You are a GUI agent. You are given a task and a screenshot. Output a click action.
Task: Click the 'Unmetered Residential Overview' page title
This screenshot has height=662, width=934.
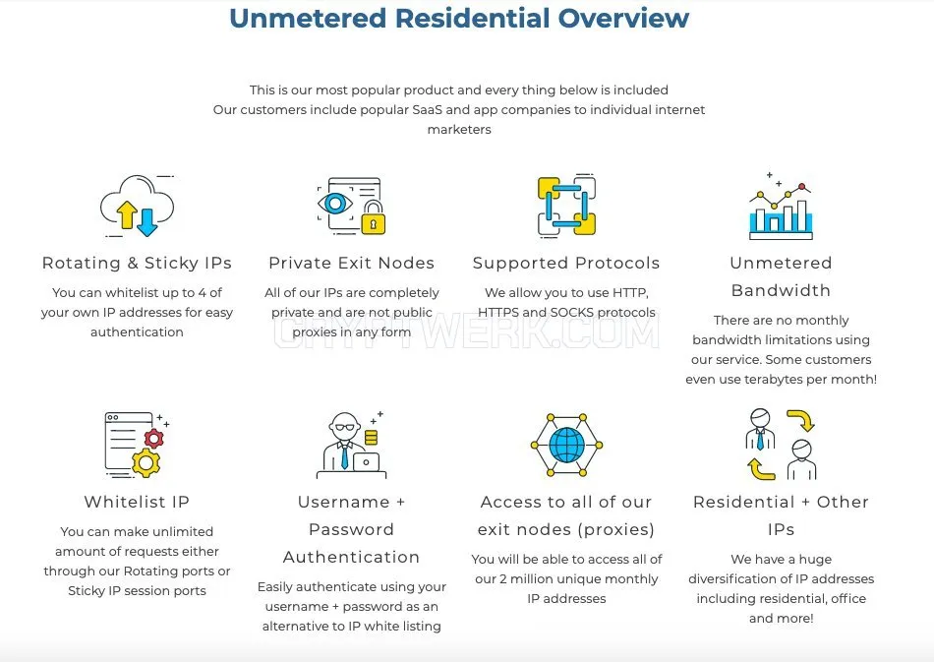[459, 18]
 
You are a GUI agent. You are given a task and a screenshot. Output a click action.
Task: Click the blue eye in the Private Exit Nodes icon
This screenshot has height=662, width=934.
[334, 204]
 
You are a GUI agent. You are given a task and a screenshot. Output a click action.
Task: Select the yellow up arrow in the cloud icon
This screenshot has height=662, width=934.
[127, 214]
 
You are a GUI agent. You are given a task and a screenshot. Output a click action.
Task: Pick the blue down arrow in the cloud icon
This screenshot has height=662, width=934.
[146, 221]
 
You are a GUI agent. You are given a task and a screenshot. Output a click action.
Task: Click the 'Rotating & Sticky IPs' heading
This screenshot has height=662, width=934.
[137, 263]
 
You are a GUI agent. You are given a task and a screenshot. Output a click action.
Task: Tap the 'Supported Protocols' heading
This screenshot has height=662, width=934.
[566, 263]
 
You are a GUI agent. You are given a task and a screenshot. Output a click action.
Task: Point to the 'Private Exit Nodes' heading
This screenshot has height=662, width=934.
[351, 263]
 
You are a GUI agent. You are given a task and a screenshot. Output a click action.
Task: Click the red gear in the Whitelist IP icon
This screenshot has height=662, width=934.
[153, 439]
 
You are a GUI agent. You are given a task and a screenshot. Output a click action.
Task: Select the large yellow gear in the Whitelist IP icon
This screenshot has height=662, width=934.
[146, 463]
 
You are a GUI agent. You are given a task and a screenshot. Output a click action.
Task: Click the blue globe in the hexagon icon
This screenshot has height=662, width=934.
[567, 446]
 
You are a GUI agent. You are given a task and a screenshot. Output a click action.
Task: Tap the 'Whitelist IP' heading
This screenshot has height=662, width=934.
[137, 502]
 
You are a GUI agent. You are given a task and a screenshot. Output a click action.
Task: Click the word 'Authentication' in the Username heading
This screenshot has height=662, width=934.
[351, 557]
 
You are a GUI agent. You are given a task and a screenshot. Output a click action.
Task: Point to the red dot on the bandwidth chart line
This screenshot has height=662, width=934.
[801, 187]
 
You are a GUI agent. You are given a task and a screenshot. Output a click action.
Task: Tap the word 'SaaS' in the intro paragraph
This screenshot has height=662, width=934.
[427, 109]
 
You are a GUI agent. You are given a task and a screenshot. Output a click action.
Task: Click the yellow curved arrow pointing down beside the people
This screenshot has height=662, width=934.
[801, 419]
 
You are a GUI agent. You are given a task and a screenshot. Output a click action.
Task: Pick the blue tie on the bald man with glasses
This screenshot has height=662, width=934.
[344, 455]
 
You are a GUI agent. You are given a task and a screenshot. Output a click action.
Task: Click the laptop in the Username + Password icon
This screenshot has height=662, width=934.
[366, 462]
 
